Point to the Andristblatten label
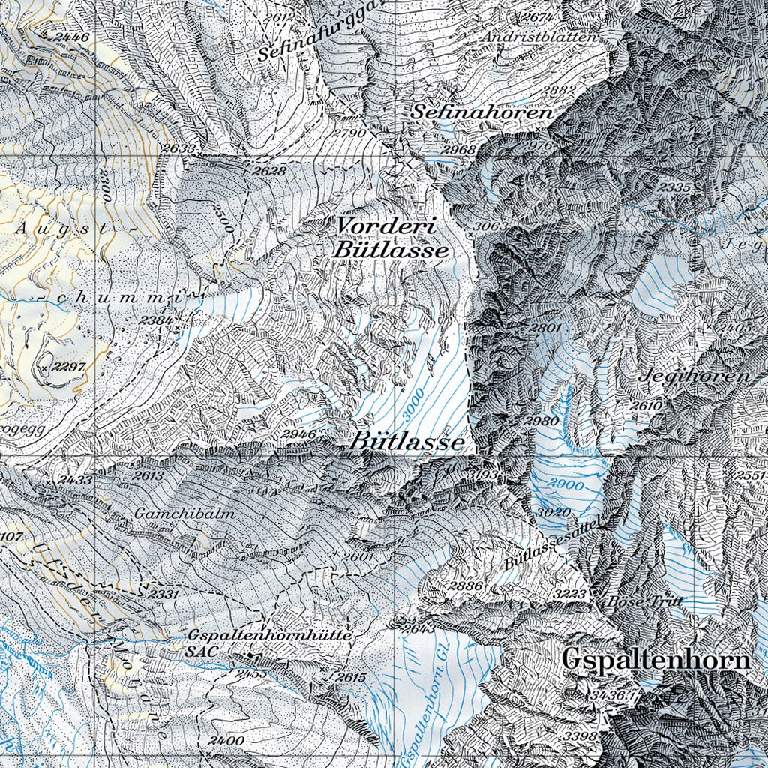tap(540, 37)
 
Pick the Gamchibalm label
tap(185, 514)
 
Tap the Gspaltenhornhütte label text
tap(270, 634)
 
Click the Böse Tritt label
tap(634, 601)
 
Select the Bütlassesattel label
tap(554, 544)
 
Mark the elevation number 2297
tap(71, 366)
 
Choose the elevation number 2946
tap(298, 433)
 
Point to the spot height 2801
tap(544, 328)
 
